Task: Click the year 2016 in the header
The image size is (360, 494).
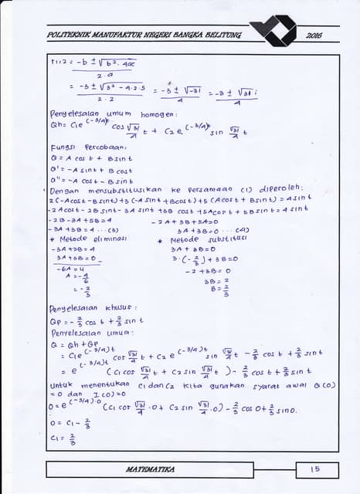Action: (314, 36)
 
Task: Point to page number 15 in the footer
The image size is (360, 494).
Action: (314, 469)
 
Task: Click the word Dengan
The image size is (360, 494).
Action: (62, 189)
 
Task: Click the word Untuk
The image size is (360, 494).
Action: (60, 383)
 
